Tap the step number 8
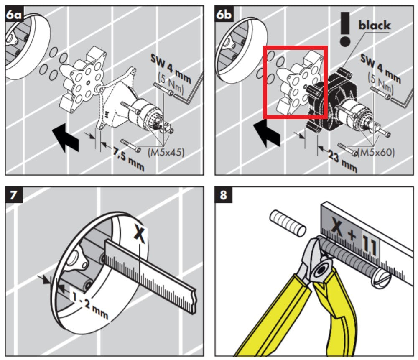223,195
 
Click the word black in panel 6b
375,25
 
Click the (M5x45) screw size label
166,152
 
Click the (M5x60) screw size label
376,153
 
